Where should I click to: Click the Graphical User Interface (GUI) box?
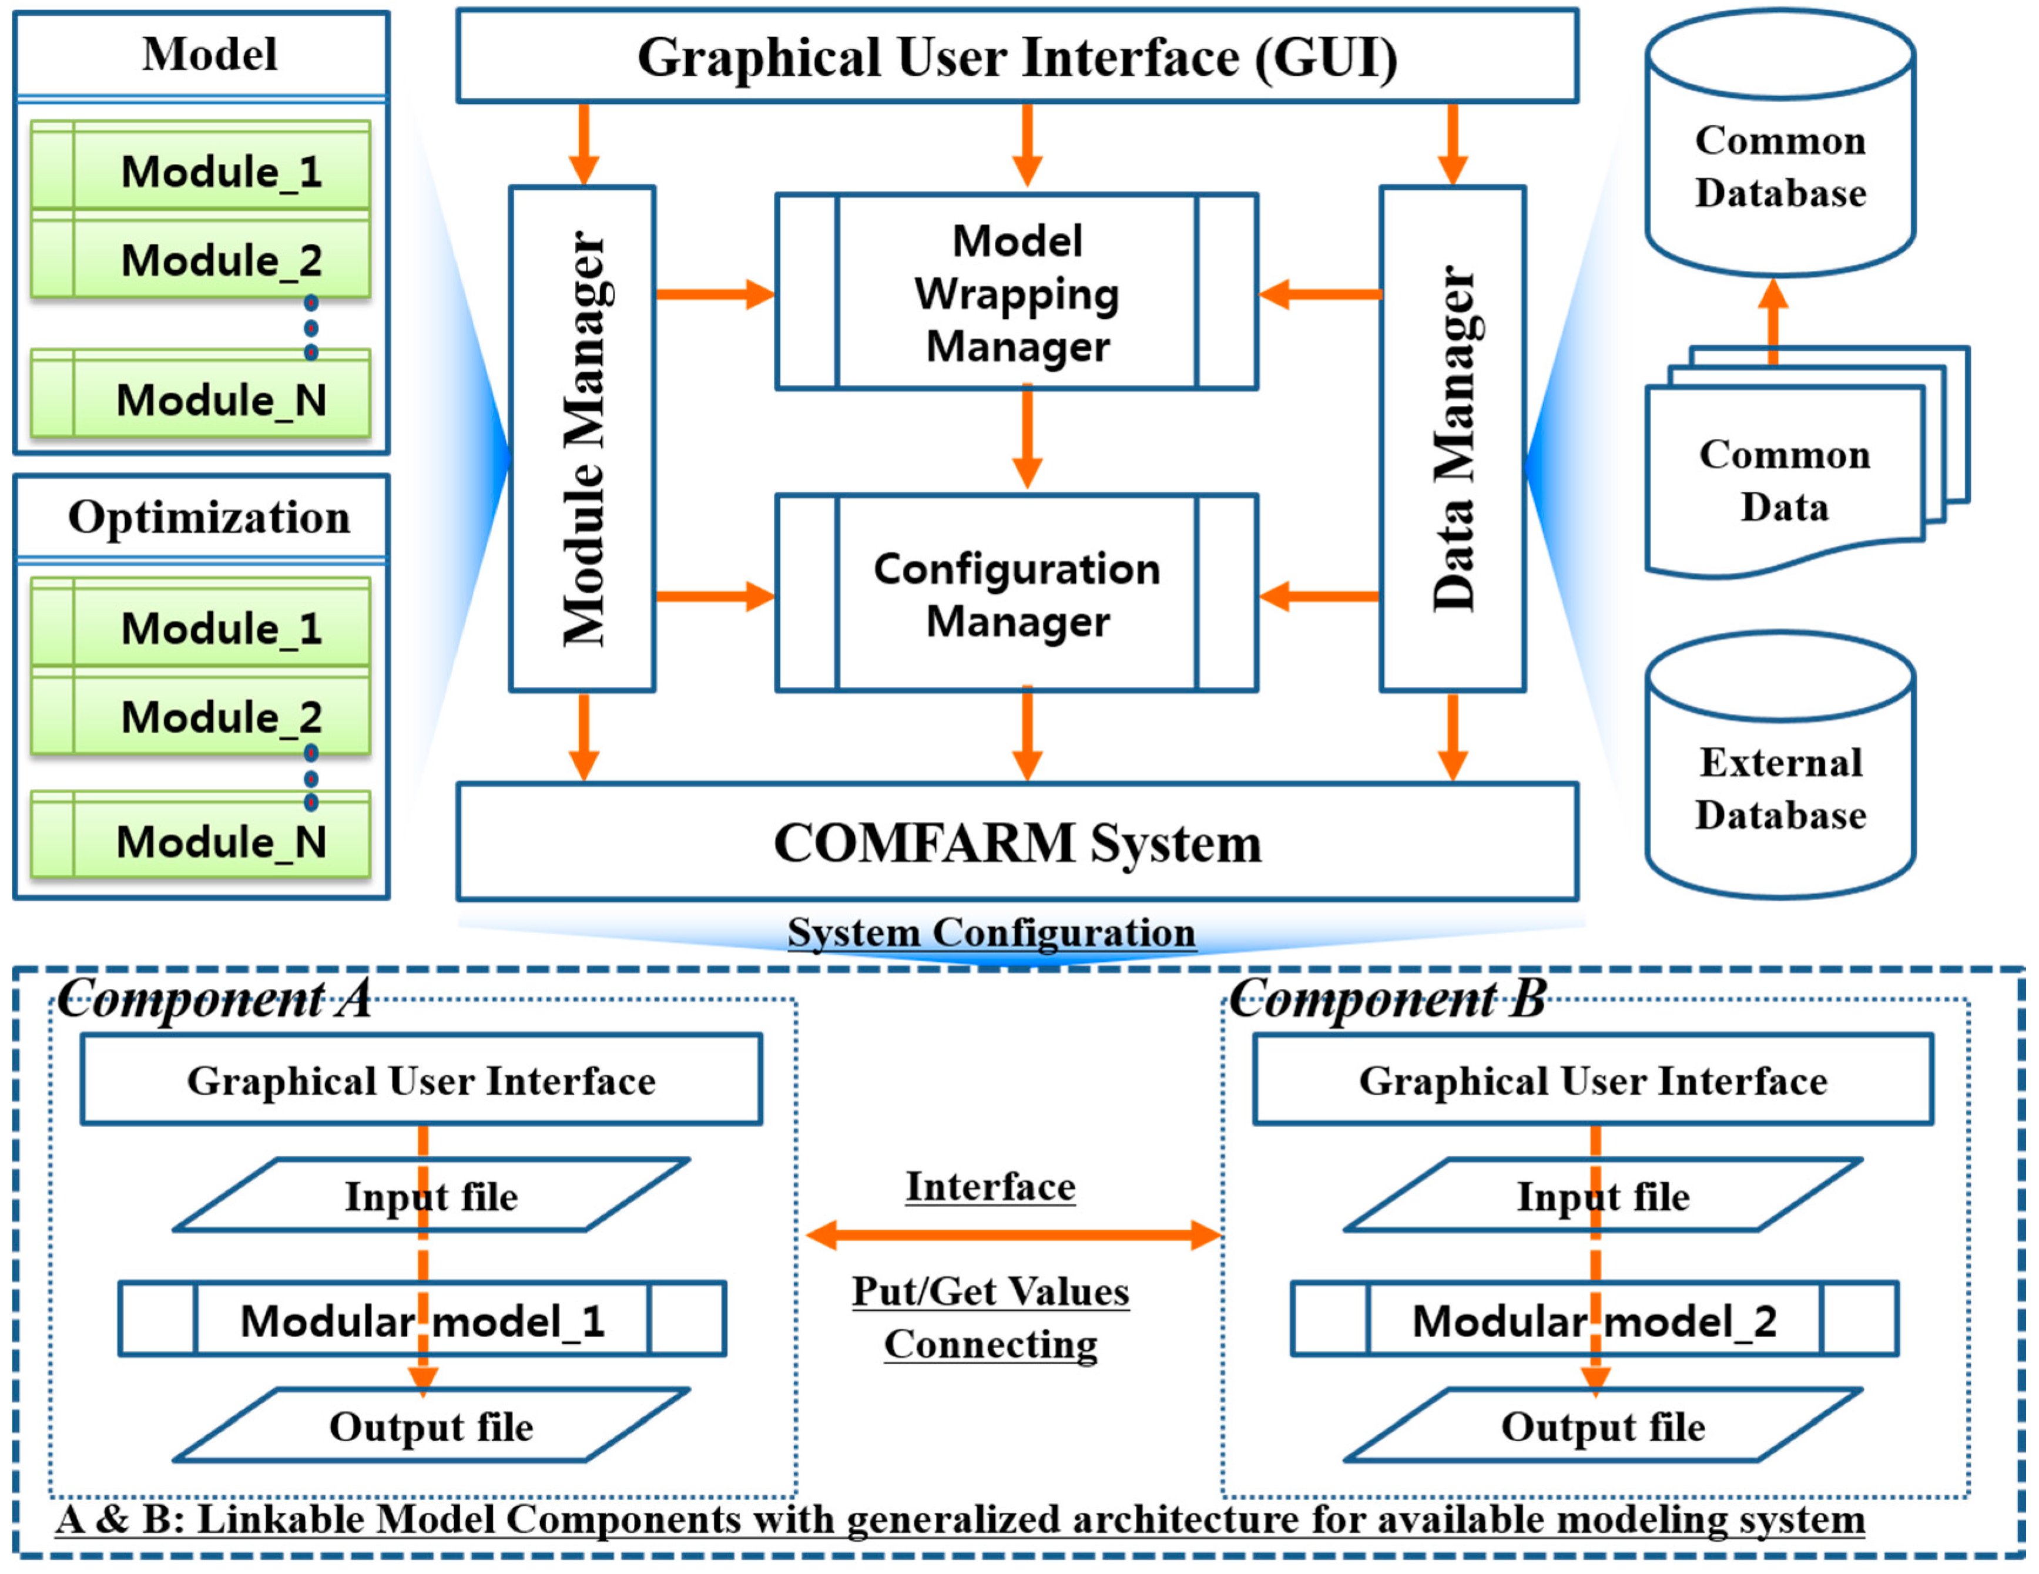click(x=1016, y=56)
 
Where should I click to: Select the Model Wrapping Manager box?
click(x=1016, y=292)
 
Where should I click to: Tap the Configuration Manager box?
click(x=1016, y=594)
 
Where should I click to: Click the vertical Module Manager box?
click(x=582, y=439)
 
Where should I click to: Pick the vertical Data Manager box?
click(x=1452, y=439)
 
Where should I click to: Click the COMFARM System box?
click(x=1016, y=842)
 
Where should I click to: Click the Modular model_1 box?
click(x=422, y=1319)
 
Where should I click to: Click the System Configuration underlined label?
click(x=991, y=932)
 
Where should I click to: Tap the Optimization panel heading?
click(x=209, y=517)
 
